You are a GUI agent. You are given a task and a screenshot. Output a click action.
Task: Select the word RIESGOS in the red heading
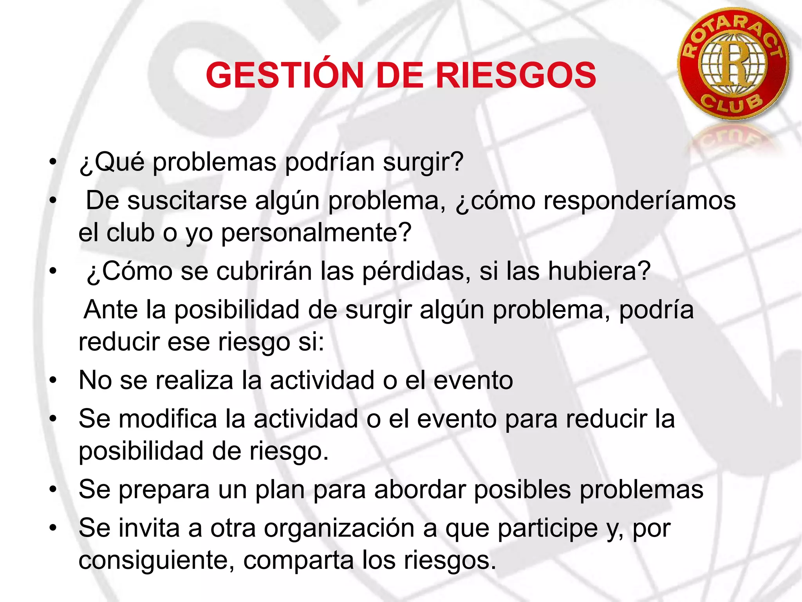(516, 75)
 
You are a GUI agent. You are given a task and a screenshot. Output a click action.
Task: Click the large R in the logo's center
(733, 63)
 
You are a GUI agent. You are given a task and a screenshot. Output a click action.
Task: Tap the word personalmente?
(316, 232)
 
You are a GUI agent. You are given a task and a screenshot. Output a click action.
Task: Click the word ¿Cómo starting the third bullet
(129, 271)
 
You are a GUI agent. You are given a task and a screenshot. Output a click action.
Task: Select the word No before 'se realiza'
(95, 380)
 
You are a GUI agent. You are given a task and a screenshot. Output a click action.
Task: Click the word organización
(339, 528)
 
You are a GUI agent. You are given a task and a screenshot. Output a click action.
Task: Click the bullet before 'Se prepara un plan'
(53, 490)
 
